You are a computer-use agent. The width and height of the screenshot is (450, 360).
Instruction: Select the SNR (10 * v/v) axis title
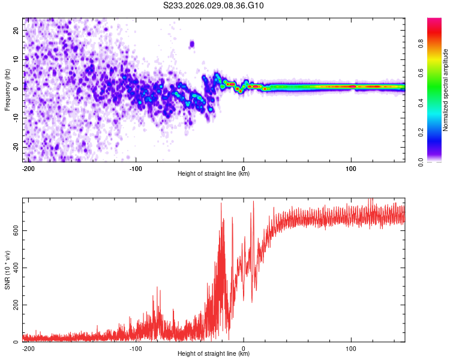(x=8, y=270)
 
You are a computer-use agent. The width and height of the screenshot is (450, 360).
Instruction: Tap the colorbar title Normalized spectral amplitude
(x=446, y=90)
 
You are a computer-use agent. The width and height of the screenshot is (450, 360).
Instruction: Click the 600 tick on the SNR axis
(x=13, y=230)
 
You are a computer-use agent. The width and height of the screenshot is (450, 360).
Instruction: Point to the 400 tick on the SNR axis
(x=13, y=268)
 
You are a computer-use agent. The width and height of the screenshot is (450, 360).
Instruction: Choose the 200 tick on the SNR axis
(x=13, y=305)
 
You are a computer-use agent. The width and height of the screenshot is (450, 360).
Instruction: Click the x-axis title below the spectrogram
(x=214, y=174)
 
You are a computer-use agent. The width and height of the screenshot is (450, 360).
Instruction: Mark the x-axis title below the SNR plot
(x=214, y=354)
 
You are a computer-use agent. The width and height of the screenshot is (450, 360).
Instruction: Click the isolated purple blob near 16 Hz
(x=192, y=44)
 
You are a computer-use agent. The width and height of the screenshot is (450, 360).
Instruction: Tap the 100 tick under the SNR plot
(x=351, y=349)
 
